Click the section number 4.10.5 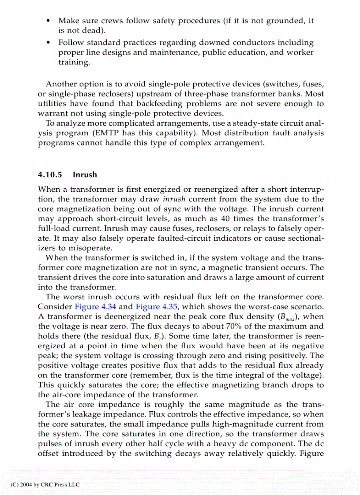(51, 175)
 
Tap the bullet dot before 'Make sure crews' (48, 21)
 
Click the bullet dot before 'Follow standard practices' (48, 43)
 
